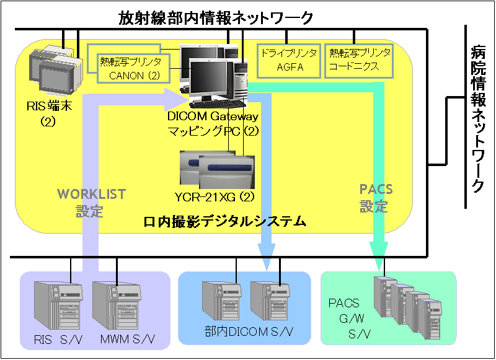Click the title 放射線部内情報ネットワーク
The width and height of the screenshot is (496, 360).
[216, 18]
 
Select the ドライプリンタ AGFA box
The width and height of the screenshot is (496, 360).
[288, 60]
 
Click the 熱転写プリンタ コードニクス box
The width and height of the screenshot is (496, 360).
[360, 60]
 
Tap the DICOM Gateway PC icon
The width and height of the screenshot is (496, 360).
[211, 74]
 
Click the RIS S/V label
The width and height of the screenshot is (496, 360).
[55, 339]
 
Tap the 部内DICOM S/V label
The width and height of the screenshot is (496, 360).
[245, 331]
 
